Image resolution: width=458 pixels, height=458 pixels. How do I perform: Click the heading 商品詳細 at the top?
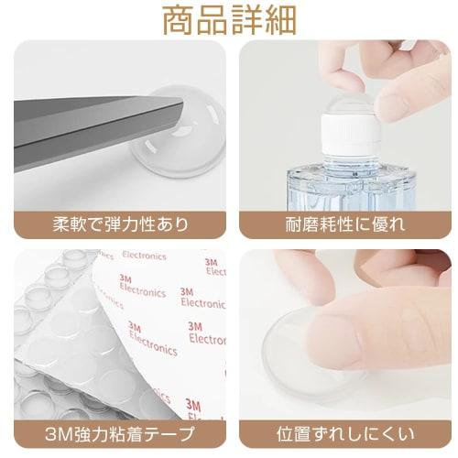click(229, 20)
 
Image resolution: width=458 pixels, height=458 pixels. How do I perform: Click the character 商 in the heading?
click(180, 20)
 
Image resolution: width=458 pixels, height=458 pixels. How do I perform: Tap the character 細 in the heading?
click(278, 20)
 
